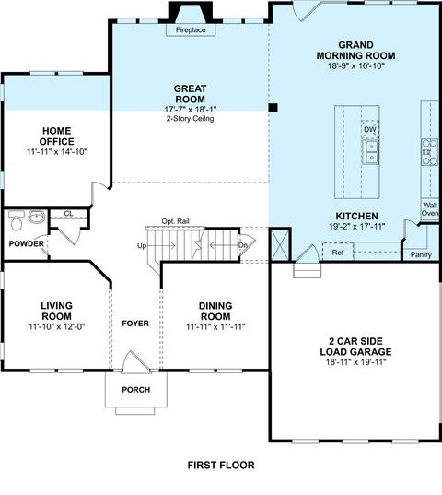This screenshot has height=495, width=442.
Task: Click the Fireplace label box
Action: click(191, 30)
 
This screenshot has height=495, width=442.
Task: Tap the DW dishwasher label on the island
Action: click(370, 129)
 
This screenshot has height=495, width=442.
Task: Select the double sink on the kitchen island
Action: click(372, 152)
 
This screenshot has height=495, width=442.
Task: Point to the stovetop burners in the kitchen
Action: click(430, 152)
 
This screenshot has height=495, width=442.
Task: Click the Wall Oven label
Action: click(430, 209)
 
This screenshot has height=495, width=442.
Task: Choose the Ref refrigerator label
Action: click(338, 253)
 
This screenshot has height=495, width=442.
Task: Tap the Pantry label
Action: click(421, 254)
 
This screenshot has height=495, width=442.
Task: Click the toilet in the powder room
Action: click(16, 220)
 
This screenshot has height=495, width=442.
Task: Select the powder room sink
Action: click(37, 217)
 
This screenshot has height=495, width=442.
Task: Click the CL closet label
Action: click(68, 214)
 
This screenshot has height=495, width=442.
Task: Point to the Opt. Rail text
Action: click(175, 221)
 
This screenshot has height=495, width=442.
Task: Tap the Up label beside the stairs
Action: click(142, 245)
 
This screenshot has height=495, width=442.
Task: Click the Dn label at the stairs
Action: click(243, 245)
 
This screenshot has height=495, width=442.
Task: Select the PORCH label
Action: click(136, 390)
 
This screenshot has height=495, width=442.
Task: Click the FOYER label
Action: click(135, 324)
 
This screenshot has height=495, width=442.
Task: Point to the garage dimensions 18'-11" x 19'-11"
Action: click(356, 362)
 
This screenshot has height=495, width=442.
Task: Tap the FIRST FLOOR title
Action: click(221, 465)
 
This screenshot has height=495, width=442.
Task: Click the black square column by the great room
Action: click(273, 108)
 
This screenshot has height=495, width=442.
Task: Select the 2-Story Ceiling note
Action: click(190, 119)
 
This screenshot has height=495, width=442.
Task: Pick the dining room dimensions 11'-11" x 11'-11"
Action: click(215, 326)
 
